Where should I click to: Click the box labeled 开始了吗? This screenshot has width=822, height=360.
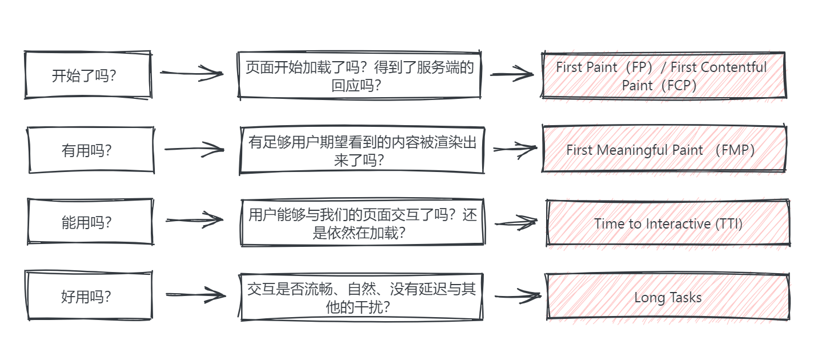click(87, 75)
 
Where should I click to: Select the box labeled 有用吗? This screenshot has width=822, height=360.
click(91, 150)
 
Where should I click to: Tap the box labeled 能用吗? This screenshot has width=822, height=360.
click(90, 222)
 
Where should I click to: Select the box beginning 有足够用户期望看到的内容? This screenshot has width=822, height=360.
click(362, 150)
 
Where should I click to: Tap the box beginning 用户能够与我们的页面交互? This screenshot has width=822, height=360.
click(362, 223)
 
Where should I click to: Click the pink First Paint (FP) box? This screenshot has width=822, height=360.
click(663, 75)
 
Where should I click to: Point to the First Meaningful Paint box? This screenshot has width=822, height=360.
click(664, 150)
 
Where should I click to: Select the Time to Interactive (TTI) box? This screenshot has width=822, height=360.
click(668, 223)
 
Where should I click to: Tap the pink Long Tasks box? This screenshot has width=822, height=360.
click(668, 297)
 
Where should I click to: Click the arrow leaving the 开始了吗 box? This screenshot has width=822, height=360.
click(191, 73)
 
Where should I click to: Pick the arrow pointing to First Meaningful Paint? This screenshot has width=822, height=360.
click(514, 149)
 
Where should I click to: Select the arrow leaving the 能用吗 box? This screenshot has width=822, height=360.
click(194, 220)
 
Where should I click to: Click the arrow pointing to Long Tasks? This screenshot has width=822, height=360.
click(517, 296)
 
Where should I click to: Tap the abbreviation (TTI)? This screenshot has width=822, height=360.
click(729, 223)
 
